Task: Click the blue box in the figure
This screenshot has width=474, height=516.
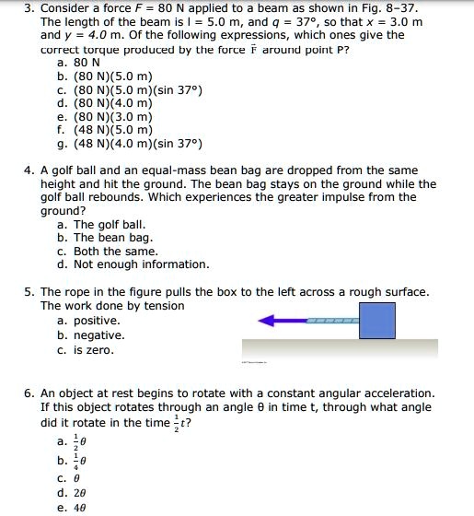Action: pos(377,321)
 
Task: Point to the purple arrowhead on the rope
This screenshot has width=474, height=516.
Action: pos(269,322)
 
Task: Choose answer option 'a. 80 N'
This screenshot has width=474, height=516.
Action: pos(78,63)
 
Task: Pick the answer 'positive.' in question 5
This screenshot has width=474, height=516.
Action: pos(88,321)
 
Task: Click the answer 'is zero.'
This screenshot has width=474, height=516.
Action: pos(88,349)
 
